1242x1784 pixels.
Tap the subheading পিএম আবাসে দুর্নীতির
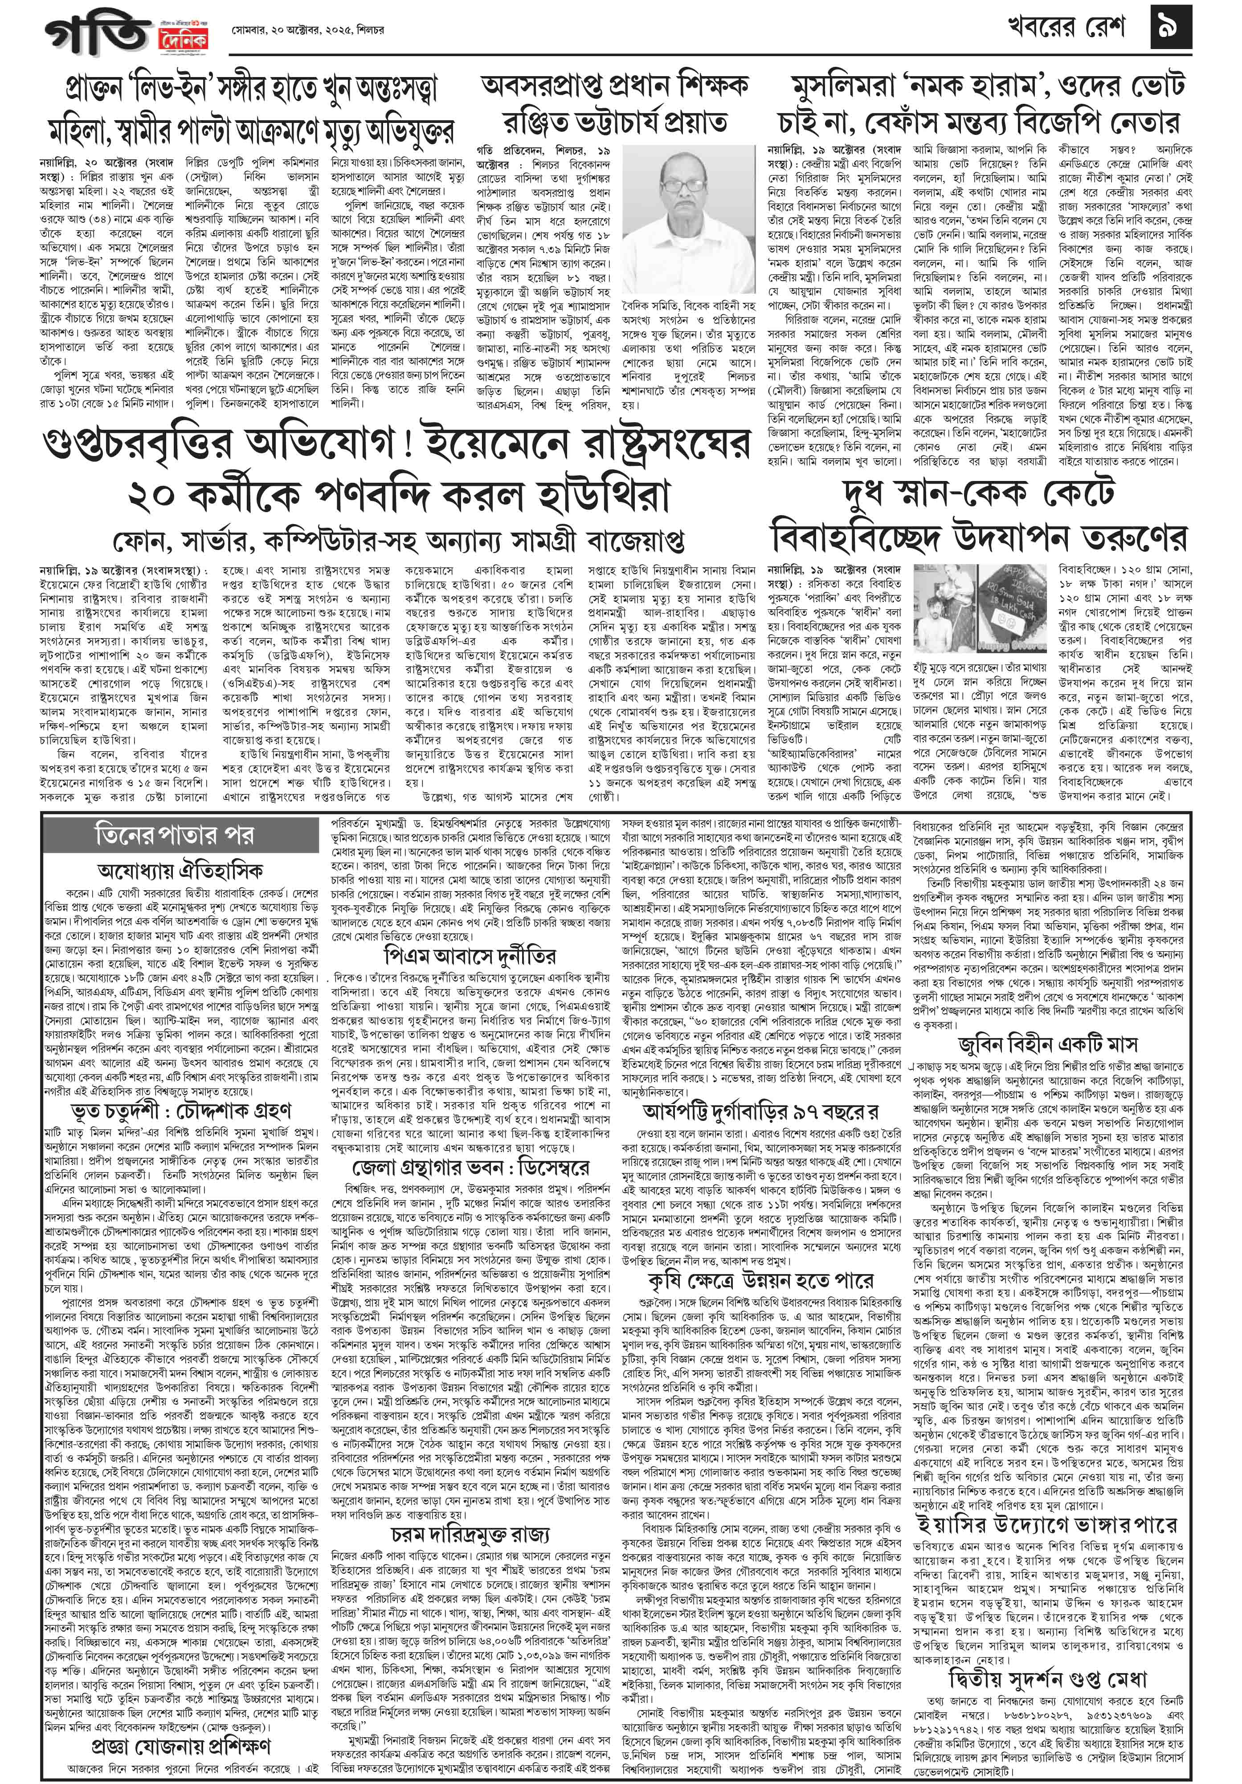click(x=470, y=955)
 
